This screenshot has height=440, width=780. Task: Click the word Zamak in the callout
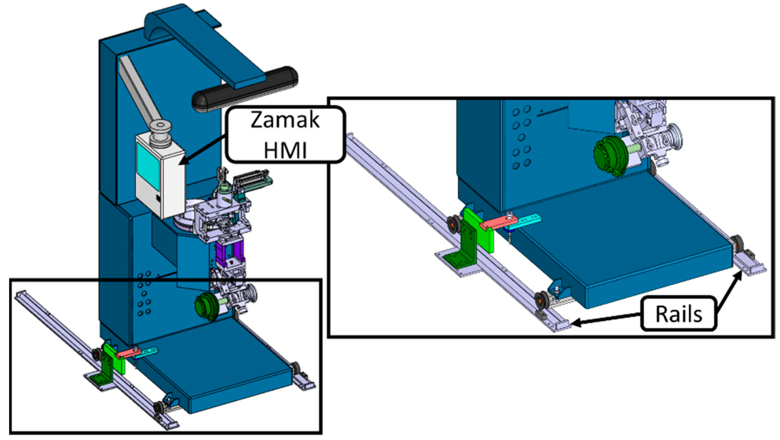pyautogui.click(x=285, y=120)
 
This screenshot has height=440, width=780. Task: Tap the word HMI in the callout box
pyautogui.click(x=285, y=150)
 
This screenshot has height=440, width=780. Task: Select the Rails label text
pyautogui.click(x=679, y=314)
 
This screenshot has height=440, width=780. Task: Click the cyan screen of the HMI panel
pyautogui.click(x=148, y=166)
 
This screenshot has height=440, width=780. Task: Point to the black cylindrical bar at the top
pyautogui.click(x=245, y=89)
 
